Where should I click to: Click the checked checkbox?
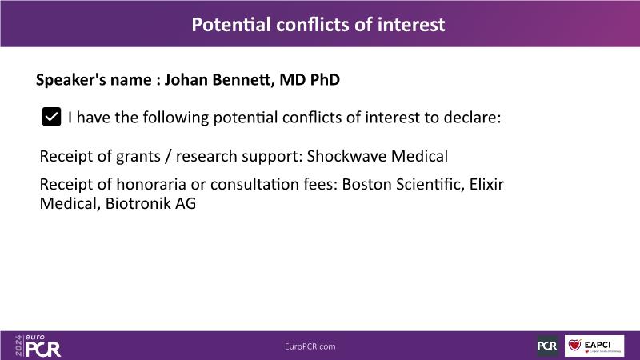tap(51, 117)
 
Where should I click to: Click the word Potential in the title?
tap(231, 25)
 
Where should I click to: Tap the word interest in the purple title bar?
tap(411, 25)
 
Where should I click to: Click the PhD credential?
tap(325, 79)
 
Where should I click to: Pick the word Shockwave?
tap(347, 156)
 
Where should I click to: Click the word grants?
tap(138, 157)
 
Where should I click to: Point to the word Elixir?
tap(486, 185)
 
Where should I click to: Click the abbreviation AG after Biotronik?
tap(186, 203)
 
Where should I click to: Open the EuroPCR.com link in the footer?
tap(310, 346)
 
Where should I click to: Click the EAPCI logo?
tap(594, 346)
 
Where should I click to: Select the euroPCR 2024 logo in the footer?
tap(38, 346)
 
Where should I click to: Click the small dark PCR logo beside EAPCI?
tap(547, 346)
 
